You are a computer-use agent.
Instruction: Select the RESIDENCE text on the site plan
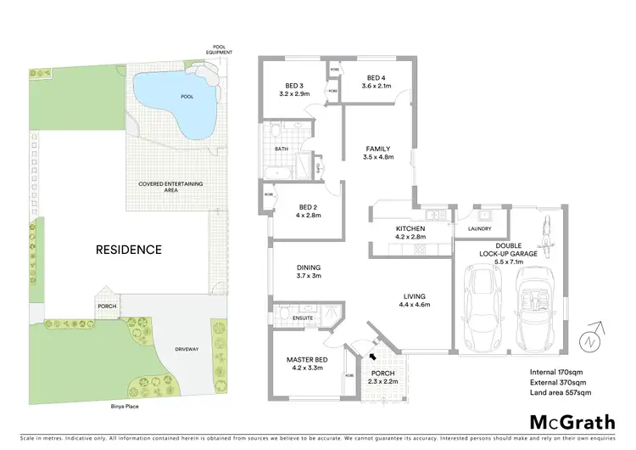pyautogui.click(x=128, y=250)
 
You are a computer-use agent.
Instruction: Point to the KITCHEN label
pyautogui.click(x=410, y=229)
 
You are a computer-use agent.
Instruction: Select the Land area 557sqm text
pyautogui.click(x=560, y=392)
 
